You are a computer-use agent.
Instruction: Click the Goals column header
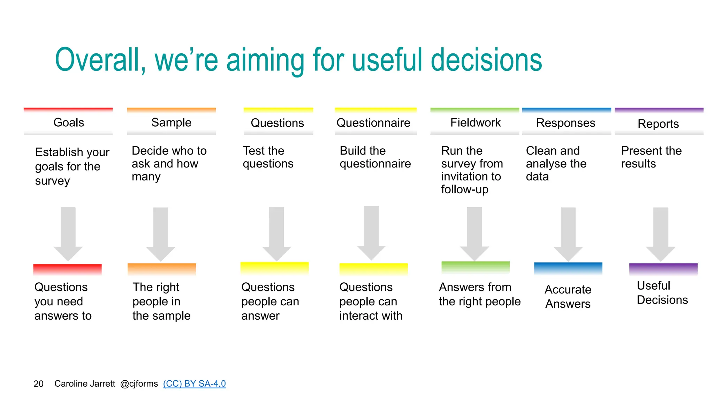(68, 122)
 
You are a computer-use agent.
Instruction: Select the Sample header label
(171, 122)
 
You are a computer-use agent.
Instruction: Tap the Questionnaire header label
(373, 123)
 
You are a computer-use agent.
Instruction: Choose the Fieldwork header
(475, 122)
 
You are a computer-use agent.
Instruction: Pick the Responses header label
(565, 123)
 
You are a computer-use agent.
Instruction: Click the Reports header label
(658, 124)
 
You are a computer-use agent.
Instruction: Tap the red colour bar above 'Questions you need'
(67, 269)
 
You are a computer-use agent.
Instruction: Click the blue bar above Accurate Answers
(568, 268)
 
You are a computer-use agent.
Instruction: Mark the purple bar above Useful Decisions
(663, 269)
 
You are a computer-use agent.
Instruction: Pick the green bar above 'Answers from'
(475, 267)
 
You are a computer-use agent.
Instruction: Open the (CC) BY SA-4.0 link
(194, 384)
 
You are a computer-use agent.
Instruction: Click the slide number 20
(38, 384)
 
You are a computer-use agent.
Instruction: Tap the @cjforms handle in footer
(139, 384)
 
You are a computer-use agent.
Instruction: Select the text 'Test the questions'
(268, 157)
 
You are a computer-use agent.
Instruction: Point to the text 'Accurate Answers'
(568, 297)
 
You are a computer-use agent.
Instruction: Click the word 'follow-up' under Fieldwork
(464, 189)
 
